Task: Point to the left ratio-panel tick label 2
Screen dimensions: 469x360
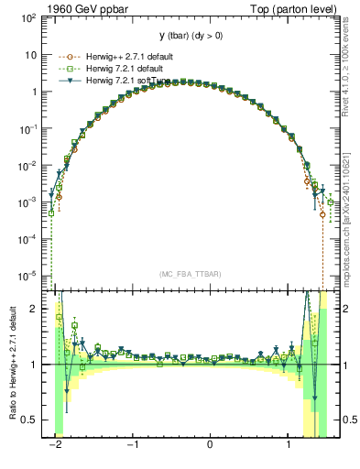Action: (36, 309)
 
